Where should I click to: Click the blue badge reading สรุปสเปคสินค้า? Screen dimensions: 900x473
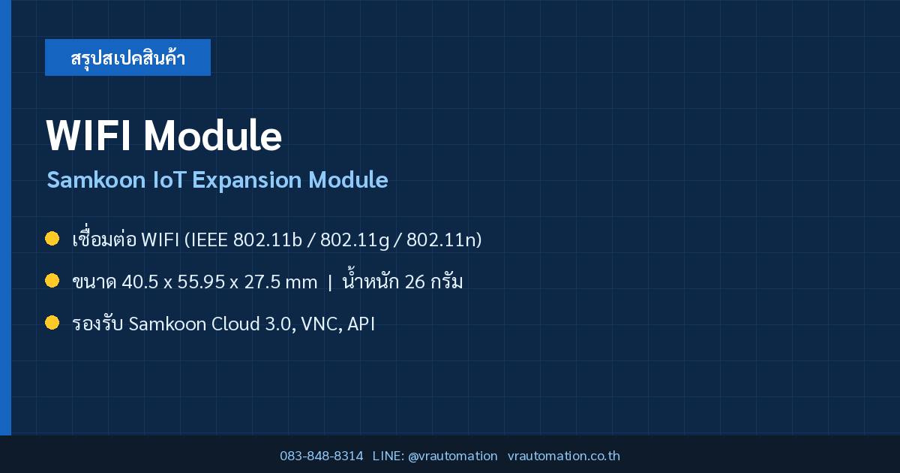(127, 58)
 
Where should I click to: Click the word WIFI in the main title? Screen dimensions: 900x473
(88, 136)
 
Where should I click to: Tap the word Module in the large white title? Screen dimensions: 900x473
(212, 136)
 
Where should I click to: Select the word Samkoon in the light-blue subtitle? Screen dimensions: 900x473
(96, 179)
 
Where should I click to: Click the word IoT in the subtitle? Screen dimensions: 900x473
(169, 179)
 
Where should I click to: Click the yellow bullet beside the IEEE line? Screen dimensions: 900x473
(52, 239)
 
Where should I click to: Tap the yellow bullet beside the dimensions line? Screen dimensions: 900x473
(52, 281)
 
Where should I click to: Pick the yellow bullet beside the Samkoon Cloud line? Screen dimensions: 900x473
(52, 323)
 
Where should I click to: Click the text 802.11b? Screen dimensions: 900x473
(268, 240)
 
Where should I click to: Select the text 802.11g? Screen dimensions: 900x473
(355, 240)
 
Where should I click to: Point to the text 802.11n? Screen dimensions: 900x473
(441, 240)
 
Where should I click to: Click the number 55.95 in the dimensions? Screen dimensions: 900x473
(201, 282)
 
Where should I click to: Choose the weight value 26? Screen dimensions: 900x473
(415, 282)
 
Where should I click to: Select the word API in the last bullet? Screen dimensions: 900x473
(361, 324)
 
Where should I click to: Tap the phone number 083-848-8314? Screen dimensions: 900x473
(322, 456)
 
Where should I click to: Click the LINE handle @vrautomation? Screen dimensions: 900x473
(453, 456)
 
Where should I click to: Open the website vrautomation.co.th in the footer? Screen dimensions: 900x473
(564, 456)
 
